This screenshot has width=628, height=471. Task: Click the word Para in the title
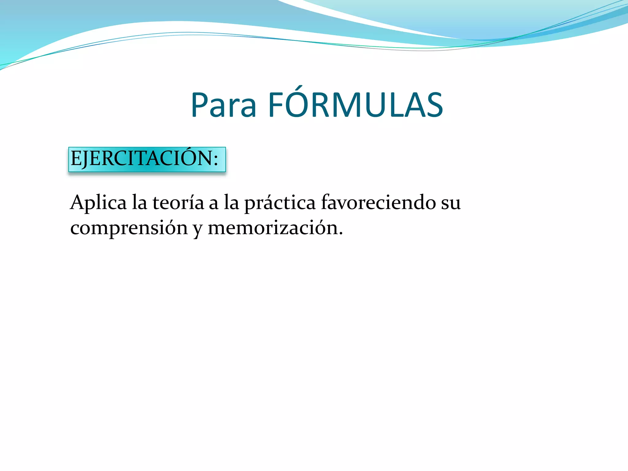pos(223,105)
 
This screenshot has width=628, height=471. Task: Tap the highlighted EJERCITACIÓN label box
pos(147,159)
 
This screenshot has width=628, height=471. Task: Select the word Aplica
pos(98,203)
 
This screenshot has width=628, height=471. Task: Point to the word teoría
pos(178,203)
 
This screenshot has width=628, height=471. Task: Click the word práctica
pos(280,203)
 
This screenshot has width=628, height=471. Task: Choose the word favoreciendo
pos(378,203)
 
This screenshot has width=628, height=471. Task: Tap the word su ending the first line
pos(451,203)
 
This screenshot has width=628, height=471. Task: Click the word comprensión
pos(129,228)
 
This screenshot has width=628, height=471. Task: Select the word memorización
pos(273,228)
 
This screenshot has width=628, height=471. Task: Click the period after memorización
pos(341,234)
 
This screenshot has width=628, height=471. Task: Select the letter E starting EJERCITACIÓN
pos(75,159)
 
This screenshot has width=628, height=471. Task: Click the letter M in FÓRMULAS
pos(348,105)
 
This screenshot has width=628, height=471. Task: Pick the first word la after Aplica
pos(139,203)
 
